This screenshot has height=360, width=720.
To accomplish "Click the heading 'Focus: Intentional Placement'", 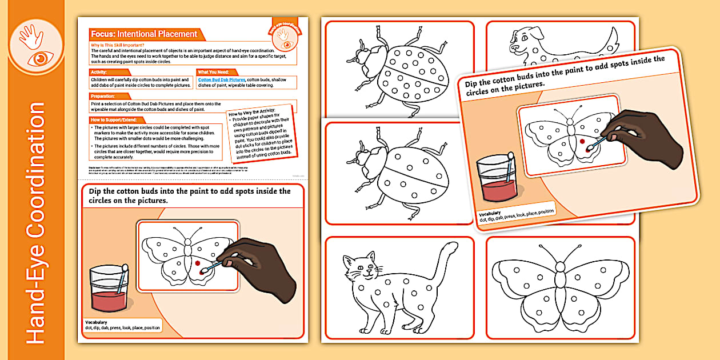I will [x=144, y=34].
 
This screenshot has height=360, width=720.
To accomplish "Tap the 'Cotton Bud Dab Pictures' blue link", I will [x=222, y=80].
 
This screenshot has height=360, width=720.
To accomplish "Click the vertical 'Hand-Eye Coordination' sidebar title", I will [x=36, y=223].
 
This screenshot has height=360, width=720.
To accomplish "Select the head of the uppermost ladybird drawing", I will [x=366, y=57].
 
